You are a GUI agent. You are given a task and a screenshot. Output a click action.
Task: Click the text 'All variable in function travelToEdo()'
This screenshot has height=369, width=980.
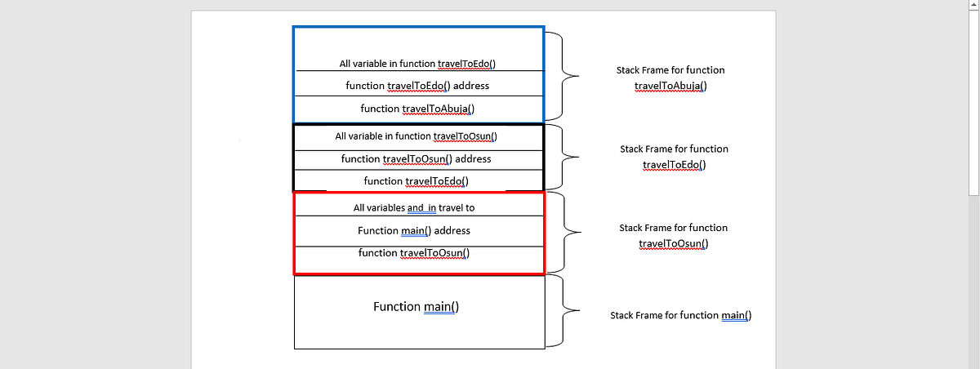tap(418, 64)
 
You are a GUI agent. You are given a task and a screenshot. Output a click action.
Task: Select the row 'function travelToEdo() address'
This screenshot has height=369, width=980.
tap(418, 86)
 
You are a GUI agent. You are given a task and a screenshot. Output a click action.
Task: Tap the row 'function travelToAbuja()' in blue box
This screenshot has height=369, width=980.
tap(418, 108)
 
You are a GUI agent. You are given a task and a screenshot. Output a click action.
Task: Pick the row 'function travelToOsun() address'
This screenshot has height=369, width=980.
tap(416, 159)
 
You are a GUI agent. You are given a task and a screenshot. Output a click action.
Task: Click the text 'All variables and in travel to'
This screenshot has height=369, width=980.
tap(414, 208)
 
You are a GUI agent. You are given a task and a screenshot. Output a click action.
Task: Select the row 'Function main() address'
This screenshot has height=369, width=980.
tap(414, 231)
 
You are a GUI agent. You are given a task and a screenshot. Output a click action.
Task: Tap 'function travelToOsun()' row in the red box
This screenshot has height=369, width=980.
tap(414, 253)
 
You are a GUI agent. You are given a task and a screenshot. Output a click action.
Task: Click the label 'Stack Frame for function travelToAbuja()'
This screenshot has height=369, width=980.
tap(670, 78)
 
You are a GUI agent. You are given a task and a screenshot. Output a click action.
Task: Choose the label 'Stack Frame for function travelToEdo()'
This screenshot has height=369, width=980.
tap(674, 157)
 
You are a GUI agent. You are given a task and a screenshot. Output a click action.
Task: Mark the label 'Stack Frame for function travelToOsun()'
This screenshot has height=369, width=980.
tap(674, 236)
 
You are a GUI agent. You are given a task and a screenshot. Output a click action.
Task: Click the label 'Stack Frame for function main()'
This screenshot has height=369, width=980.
tap(680, 315)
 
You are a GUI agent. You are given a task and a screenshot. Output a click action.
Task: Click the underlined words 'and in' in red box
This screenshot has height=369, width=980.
tap(421, 208)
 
